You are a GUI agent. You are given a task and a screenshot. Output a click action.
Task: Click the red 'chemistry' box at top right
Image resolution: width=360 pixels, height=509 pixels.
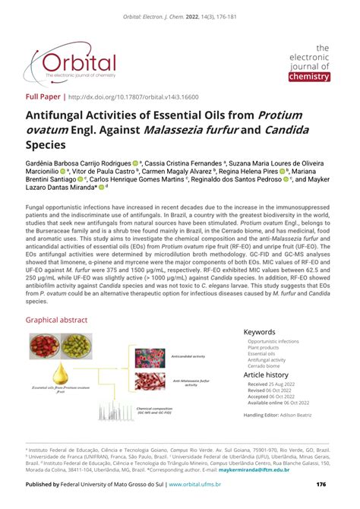[310, 76]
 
